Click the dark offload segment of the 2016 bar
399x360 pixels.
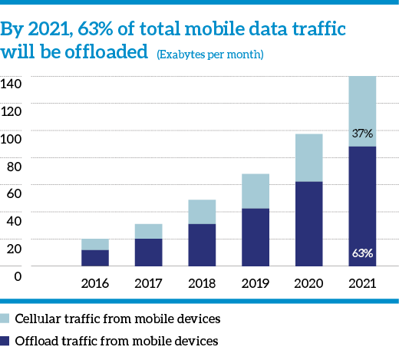95,258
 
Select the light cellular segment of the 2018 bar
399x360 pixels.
202,212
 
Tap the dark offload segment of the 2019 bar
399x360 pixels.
256,237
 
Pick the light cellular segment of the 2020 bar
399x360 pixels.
309,158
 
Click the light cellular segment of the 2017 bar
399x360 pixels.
149,231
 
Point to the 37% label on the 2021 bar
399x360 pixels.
362,134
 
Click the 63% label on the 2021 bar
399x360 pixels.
362,253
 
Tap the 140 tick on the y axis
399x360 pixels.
11,84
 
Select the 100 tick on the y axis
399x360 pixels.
11,139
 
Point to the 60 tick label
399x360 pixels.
14,193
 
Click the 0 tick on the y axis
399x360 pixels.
18,276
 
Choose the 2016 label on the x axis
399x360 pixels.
95,283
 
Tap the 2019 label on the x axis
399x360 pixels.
256,283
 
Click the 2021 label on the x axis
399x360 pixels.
362,283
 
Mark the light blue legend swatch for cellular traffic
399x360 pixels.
5,319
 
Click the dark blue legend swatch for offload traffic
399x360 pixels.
5,341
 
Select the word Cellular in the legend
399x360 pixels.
38,319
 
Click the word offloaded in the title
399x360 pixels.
107,51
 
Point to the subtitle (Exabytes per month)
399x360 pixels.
210,54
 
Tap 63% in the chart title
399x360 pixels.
95,28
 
